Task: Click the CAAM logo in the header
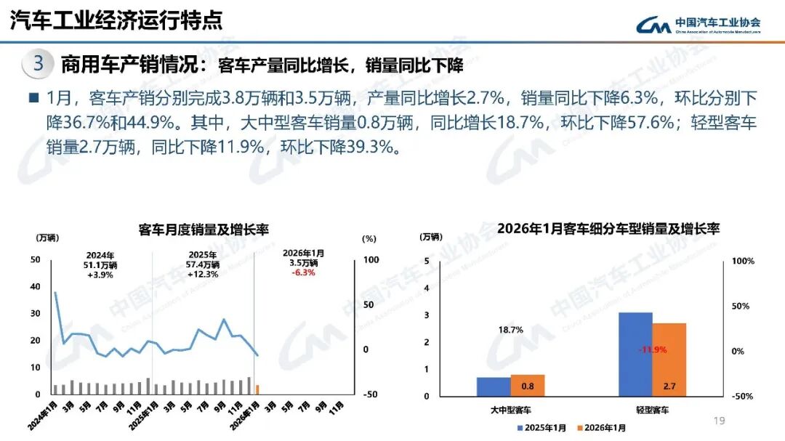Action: [698, 25]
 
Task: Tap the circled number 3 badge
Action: [39, 64]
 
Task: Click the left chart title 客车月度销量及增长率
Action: [204, 230]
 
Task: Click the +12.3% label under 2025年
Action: [202, 274]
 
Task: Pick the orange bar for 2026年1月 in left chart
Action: [257, 389]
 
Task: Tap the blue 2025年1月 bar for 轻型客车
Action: [635, 355]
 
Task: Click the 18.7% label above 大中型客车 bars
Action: [511, 330]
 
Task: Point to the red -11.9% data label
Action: [652, 350]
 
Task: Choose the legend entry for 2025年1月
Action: [542, 428]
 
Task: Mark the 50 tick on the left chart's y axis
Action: [36, 259]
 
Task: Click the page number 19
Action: [720, 421]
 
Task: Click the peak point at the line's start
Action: [56, 292]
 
